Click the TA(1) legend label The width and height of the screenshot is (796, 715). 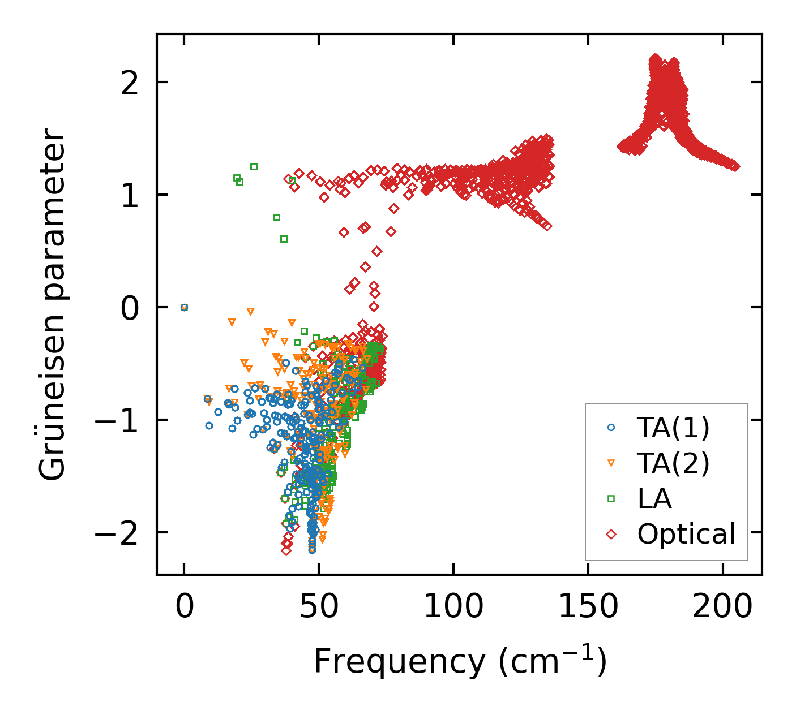[x=673, y=428]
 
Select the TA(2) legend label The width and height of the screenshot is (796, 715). [x=673, y=463]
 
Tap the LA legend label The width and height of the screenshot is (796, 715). [x=654, y=499]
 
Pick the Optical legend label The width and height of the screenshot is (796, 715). [x=686, y=534]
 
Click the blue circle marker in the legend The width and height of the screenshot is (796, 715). [x=611, y=428]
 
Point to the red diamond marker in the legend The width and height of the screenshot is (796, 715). [x=611, y=534]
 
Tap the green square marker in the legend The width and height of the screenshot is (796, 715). [x=611, y=499]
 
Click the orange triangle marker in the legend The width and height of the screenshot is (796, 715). [x=611, y=463]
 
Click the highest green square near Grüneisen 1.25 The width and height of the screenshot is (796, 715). [x=254, y=166]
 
